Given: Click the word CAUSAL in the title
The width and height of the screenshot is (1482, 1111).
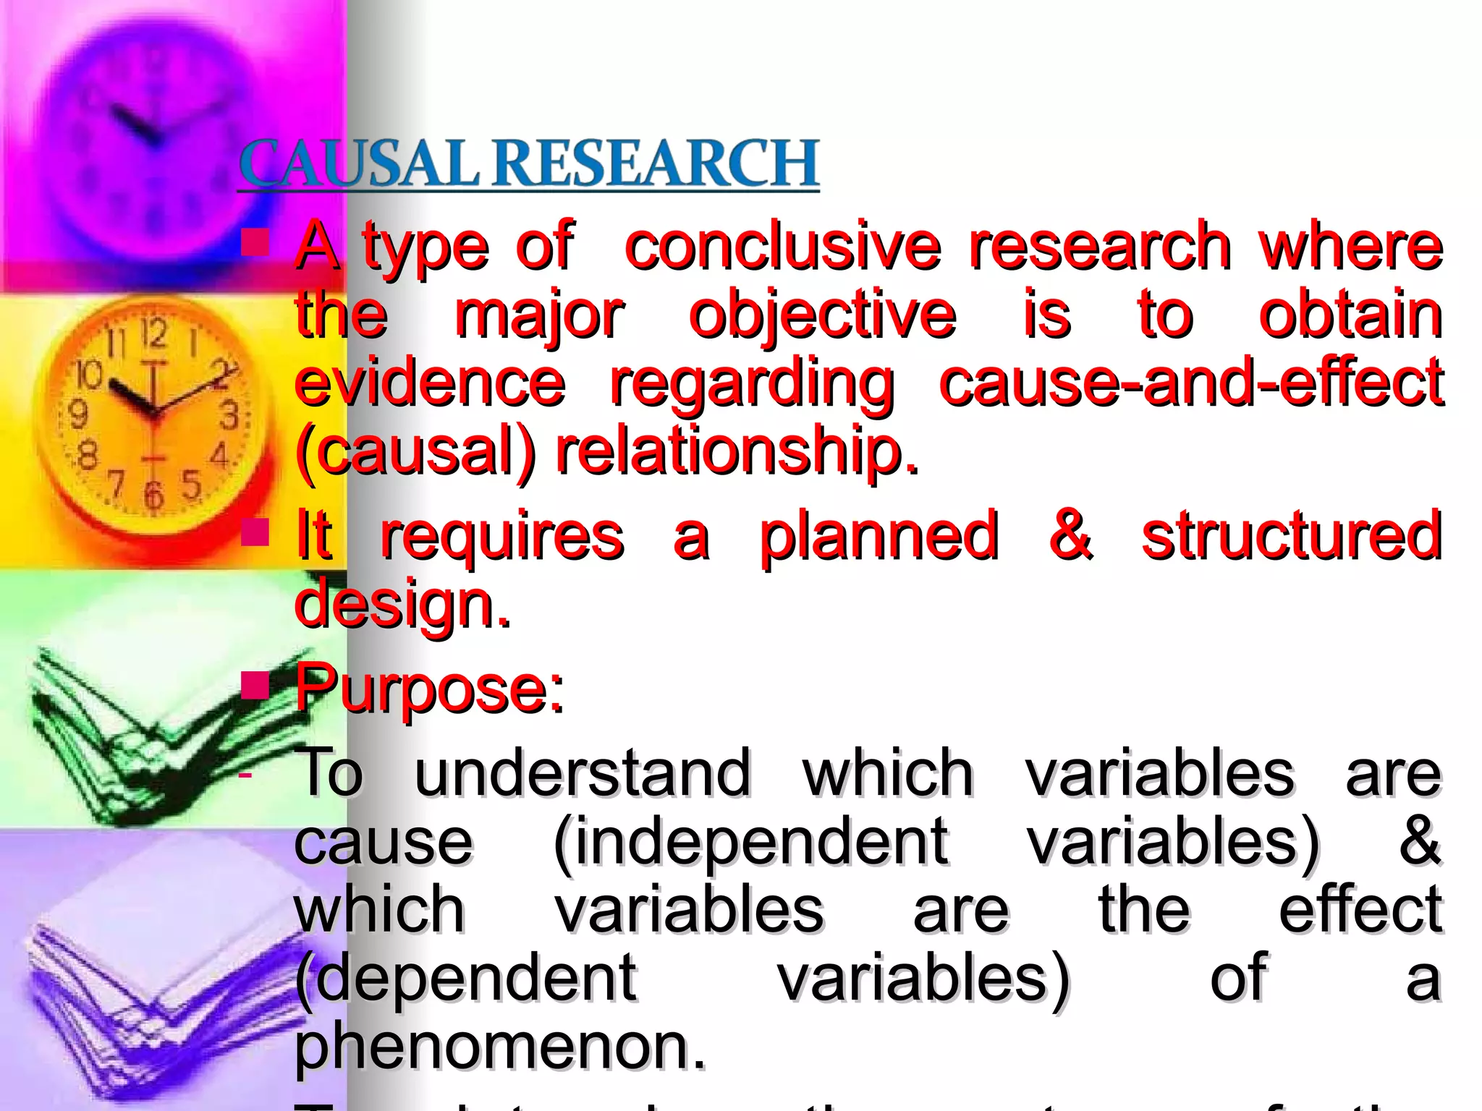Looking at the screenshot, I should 358,163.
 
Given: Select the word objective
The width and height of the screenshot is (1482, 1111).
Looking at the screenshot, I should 822,316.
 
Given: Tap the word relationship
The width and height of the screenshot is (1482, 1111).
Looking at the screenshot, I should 737,451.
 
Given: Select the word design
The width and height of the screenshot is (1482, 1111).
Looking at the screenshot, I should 402,605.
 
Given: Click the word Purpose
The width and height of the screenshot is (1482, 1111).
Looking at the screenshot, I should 428,689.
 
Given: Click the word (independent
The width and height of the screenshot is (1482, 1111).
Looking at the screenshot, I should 750,842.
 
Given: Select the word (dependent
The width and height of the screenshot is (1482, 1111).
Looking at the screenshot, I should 465,978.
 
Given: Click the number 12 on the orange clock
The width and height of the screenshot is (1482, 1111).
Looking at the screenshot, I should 153,333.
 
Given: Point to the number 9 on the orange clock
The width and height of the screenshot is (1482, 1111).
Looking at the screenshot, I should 77,414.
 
